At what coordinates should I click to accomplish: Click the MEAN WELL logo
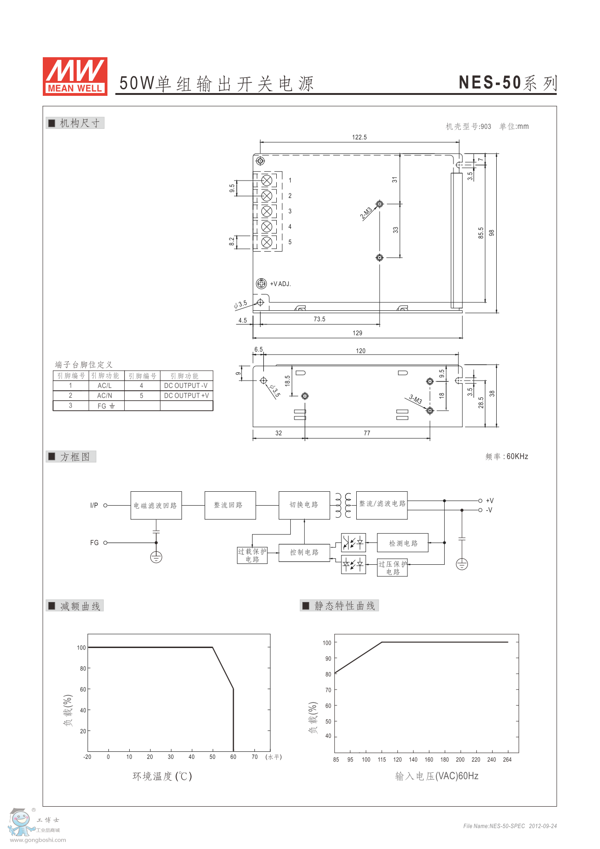pos(75,76)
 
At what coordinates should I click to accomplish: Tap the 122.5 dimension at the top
pos(360,137)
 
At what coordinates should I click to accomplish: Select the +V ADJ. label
pos(280,284)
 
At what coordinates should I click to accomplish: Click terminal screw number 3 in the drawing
pos(267,211)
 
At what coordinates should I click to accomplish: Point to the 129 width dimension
pos(357,333)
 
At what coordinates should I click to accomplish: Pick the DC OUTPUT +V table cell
pos(187,395)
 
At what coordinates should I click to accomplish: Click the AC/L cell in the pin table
pos(105,386)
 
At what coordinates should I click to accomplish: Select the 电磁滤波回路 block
pos(156,505)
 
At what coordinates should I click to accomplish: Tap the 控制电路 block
pos(304,552)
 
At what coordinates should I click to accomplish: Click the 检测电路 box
pos(403,543)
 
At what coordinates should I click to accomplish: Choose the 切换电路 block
pos(304,505)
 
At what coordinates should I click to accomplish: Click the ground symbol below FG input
pos(156,557)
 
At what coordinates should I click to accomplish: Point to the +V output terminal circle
pos(480,501)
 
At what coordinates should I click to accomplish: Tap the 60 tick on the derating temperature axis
pos(233,757)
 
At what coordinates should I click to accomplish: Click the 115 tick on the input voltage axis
pos(382,760)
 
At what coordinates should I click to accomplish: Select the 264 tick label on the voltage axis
pos(507,760)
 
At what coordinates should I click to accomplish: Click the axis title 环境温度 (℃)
pos(162,776)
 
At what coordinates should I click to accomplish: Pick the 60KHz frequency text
pos(517,456)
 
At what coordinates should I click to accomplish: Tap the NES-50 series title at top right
pos(507,83)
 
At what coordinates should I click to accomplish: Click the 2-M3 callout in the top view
pos(366,213)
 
